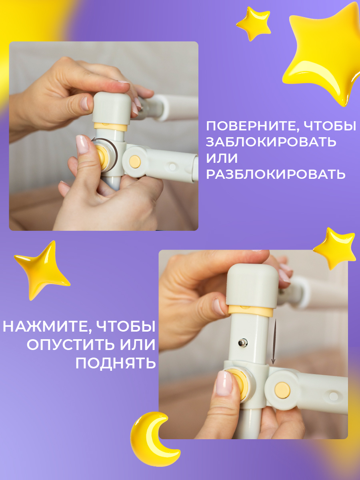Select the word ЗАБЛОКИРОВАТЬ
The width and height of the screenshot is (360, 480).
tap(271, 142)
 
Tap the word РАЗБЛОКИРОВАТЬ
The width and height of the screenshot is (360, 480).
tap(276, 174)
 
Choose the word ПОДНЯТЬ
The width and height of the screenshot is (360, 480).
tap(115, 363)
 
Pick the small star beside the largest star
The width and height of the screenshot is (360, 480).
tap(253, 23)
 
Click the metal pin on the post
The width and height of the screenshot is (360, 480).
tap(243, 343)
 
